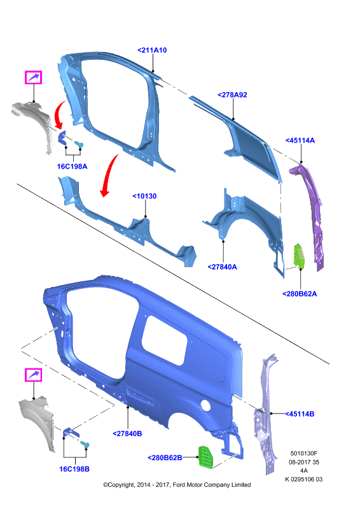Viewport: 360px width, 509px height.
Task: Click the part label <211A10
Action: click(x=152, y=50)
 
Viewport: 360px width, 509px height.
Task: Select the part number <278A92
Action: click(x=232, y=95)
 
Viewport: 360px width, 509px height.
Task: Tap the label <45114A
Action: click(x=300, y=140)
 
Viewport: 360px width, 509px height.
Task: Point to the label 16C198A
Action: click(x=72, y=167)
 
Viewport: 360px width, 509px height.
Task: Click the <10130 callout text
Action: click(x=144, y=196)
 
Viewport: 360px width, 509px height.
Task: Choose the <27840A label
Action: click(x=223, y=267)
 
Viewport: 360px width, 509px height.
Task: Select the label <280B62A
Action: click(x=300, y=294)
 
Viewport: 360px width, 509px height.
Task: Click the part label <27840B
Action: click(x=127, y=433)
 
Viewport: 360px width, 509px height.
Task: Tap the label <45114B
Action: click(x=300, y=414)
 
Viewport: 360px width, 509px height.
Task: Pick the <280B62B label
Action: click(x=165, y=457)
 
